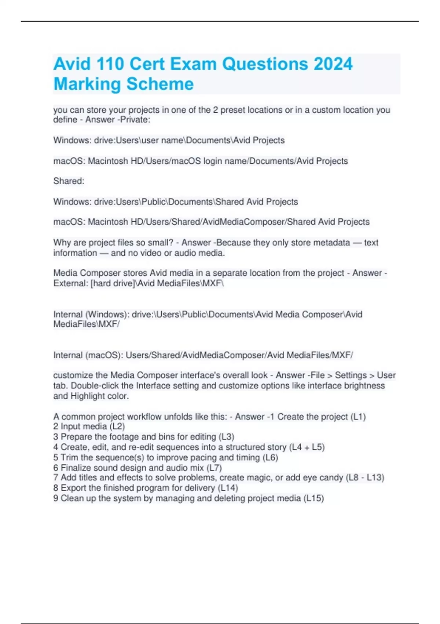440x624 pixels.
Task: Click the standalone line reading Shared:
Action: (69, 181)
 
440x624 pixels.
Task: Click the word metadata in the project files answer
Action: (329, 243)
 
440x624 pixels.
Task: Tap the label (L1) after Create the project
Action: (358, 417)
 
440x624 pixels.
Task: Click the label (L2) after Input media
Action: (117, 427)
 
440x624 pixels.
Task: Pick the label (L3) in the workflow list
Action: (226, 437)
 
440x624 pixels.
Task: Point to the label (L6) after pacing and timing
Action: (270, 457)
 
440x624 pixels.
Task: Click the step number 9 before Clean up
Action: (56, 498)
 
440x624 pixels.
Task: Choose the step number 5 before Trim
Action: (56, 457)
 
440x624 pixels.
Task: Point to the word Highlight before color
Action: (88, 396)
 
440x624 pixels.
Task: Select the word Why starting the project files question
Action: (61, 243)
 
